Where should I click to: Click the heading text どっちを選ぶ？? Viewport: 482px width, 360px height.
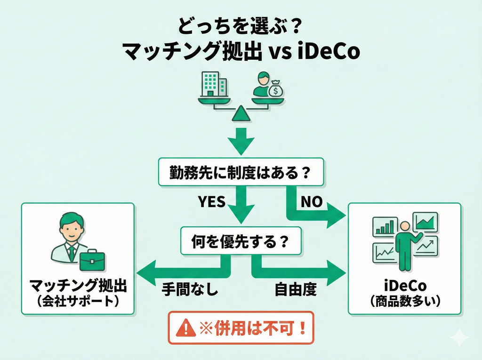click(x=241, y=24)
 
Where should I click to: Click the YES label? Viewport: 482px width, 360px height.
click(x=211, y=201)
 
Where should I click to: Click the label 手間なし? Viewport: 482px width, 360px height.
click(x=190, y=289)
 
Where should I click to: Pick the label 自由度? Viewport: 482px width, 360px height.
click(x=296, y=289)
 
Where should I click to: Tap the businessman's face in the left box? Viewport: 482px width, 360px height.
click(x=72, y=229)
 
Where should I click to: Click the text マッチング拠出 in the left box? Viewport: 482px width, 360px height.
click(x=78, y=286)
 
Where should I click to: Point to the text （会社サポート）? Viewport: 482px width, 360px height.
click(x=78, y=301)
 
